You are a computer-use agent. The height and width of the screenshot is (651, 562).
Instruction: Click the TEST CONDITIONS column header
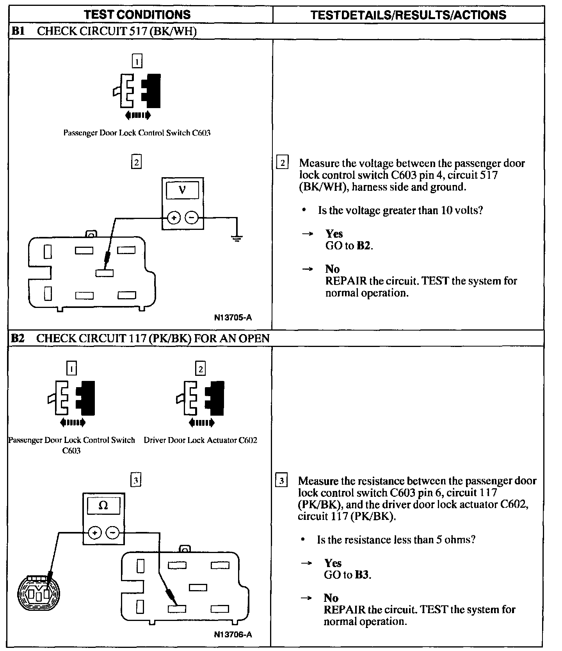[x=137, y=15]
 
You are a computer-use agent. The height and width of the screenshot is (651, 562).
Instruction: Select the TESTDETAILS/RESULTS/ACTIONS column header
[x=408, y=15]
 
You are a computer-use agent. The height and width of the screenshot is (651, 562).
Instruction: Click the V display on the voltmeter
[x=182, y=190]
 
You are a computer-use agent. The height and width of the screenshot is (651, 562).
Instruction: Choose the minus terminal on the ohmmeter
[x=112, y=532]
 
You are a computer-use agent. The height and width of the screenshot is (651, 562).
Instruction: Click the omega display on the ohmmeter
[x=103, y=505]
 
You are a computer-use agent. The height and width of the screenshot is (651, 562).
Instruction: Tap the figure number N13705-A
[x=233, y=317]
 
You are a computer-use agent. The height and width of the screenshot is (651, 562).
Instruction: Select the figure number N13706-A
[x=233, y=635]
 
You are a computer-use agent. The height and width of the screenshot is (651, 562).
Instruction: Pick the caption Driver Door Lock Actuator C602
[x=200, y=440]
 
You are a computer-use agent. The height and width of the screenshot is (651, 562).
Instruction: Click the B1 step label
[x=18, y=31]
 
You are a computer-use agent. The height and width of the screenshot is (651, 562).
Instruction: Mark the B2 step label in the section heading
[x=18, y=338]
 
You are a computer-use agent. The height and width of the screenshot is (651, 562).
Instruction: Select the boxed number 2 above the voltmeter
[x=136, y=162]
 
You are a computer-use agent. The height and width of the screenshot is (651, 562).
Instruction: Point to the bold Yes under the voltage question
[x=334, y=234]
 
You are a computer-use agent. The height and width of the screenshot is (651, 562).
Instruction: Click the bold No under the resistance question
[x=331, y=598]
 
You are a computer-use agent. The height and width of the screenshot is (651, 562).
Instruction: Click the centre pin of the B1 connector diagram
[x=105, y=273]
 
